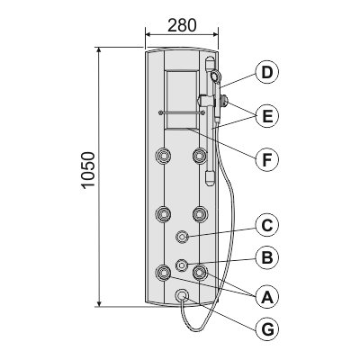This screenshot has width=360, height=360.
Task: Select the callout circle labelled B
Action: (265, 258)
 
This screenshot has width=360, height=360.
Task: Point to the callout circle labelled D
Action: (265, 72)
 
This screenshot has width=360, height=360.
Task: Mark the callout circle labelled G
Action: (265, 331)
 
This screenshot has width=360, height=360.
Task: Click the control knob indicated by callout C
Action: (182, 236)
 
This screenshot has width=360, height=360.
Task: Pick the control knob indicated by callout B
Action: (182, 265)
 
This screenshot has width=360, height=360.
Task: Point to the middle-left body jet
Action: (164, 214)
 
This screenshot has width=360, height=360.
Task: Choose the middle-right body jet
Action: (199, 214)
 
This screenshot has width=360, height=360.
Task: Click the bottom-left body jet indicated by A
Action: (164, 272)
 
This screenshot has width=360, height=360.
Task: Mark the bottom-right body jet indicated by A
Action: (199, 272)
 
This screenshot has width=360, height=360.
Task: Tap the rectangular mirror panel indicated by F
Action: (182, 99)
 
